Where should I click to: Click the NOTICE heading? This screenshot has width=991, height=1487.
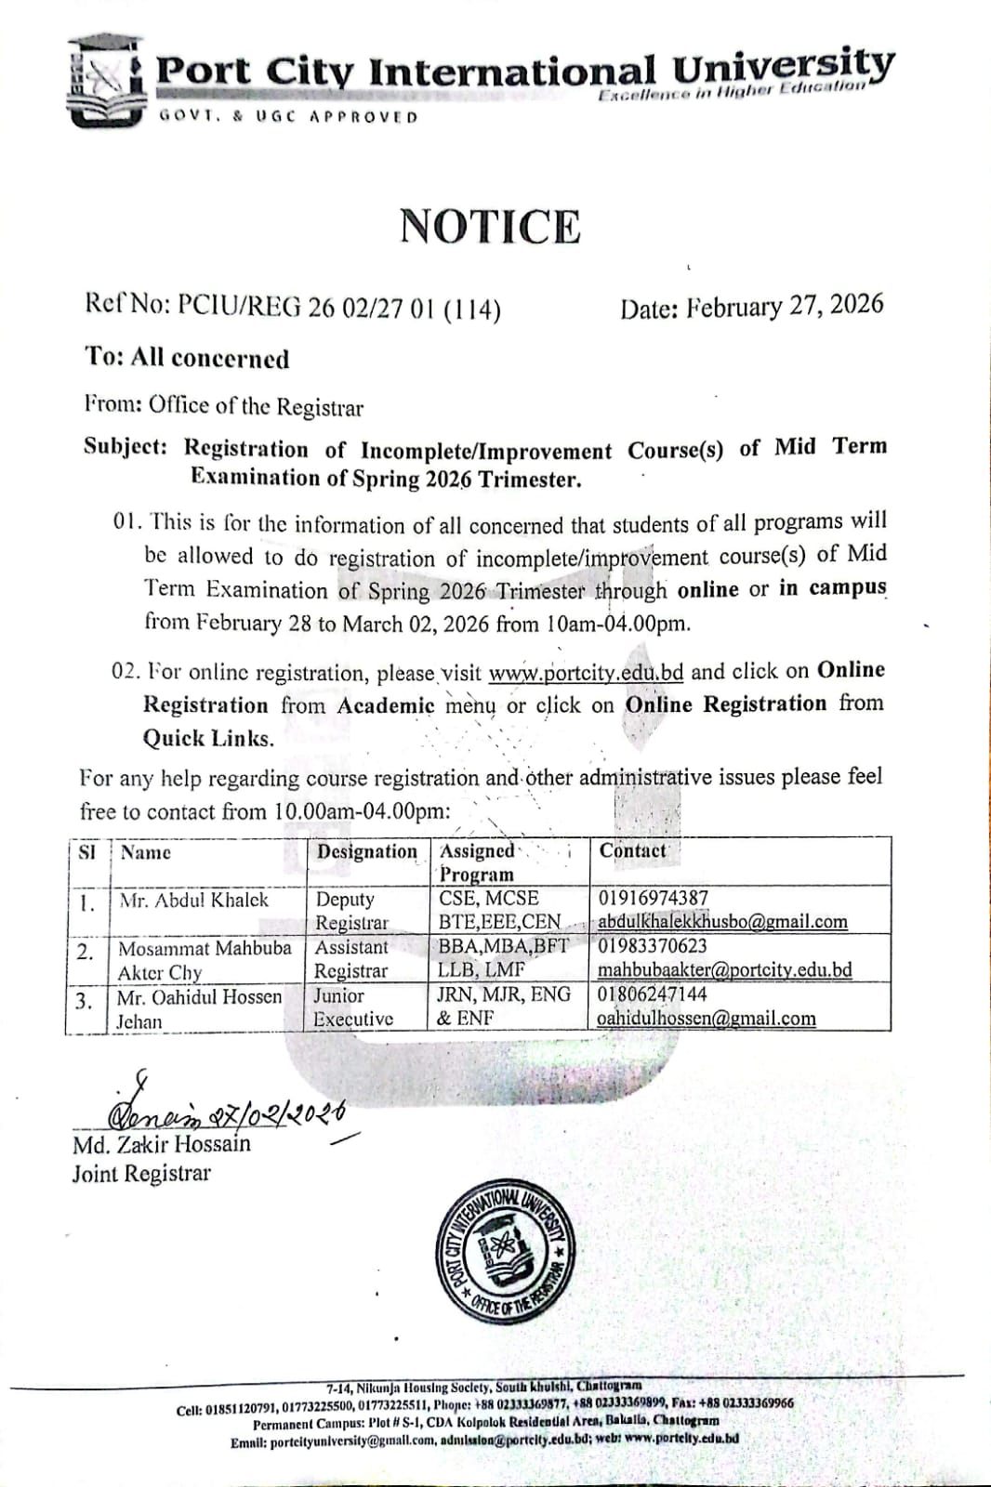pyautogui.click(x=490, y=227)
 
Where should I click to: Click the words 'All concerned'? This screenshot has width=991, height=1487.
pyautogui.click(x=210, y=359)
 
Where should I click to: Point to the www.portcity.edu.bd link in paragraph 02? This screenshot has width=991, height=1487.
pyautogui.click(x=586, y=671)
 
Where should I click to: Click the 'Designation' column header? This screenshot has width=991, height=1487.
pyautogui.click(x=367, y=851)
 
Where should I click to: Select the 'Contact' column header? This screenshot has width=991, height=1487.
pyautogui.click(x=632, y=850)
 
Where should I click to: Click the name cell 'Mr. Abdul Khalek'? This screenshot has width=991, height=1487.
pyautogui.click(x=192, y=900)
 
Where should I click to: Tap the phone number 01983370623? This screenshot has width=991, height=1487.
pyautogui.click(x=653, y=946)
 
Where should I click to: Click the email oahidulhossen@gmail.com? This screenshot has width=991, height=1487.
pyautogui.click(x=707, y=1018)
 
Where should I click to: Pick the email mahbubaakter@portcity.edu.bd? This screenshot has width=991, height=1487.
pyautogui.click(x=724, y=969)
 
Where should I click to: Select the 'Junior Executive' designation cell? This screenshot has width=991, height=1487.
pyautogui.click(x=352, y=1007)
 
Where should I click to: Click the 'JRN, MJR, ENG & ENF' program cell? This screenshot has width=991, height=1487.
pyautogui.click(x=504, y=1006)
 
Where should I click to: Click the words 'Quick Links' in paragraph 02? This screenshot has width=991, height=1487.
pyautogui.click(x=207, y=739)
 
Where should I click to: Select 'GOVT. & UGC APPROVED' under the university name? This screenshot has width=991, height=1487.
pyautogui.click(x=288, y=117)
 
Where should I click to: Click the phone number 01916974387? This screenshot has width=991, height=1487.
pyautogui.click(x=654, y=898)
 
